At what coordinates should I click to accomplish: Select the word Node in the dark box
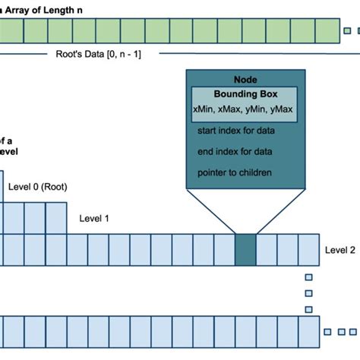click(242, 80)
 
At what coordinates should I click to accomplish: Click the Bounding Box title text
click(245, 94)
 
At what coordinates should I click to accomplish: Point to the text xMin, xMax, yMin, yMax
click(243, 109)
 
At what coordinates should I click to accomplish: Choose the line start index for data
click(235, 131)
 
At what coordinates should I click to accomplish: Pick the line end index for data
click(234, 152)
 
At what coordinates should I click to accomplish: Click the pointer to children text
click(234, 172)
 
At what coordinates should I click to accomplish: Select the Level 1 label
click(94, 218)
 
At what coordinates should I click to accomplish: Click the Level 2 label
click(339, 249)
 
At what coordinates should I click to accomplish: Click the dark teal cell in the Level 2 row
click(245, 249)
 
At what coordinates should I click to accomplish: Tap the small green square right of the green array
click(347, 30)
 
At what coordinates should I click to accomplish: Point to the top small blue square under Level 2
click(308, 278)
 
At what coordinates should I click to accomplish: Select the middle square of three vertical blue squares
click(308, 293)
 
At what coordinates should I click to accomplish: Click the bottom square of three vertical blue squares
click(308, 308)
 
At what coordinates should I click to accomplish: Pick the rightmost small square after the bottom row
click(354, 332)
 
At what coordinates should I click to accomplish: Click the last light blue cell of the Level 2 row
click(309, 249)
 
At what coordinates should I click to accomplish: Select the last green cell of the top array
click(329, 31)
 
